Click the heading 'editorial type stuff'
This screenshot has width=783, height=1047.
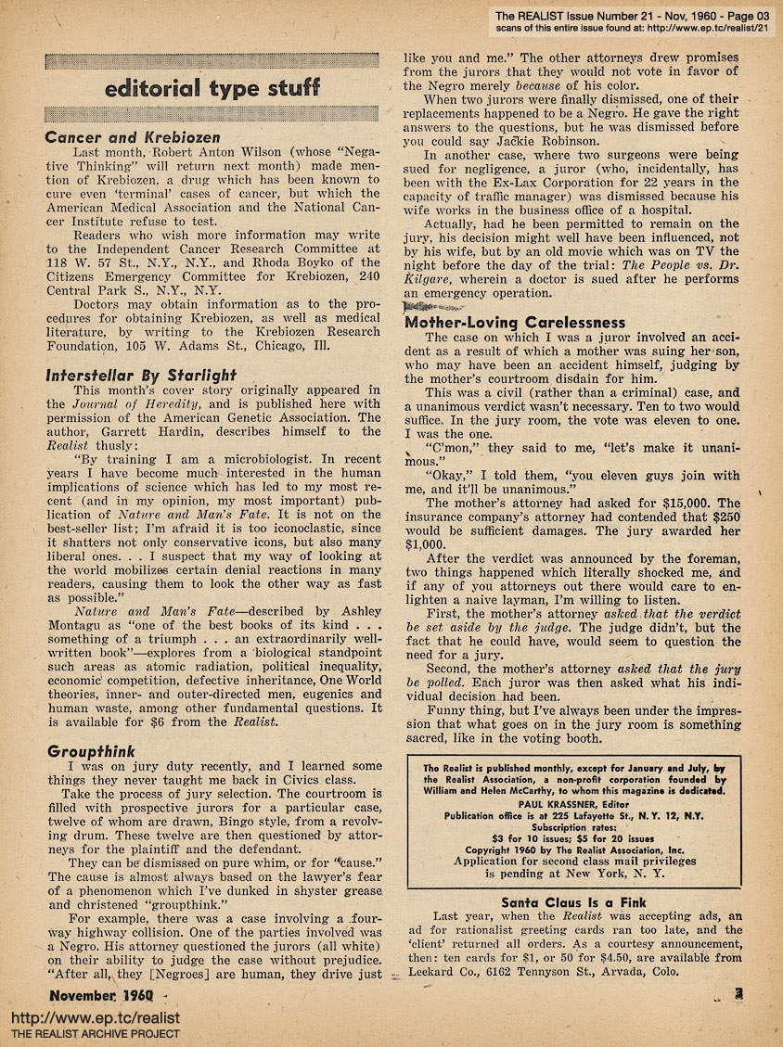pyautogui.click(x=212, y=89)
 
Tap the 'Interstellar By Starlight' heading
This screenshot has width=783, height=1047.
pyautogui.click(x=142, y=375)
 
